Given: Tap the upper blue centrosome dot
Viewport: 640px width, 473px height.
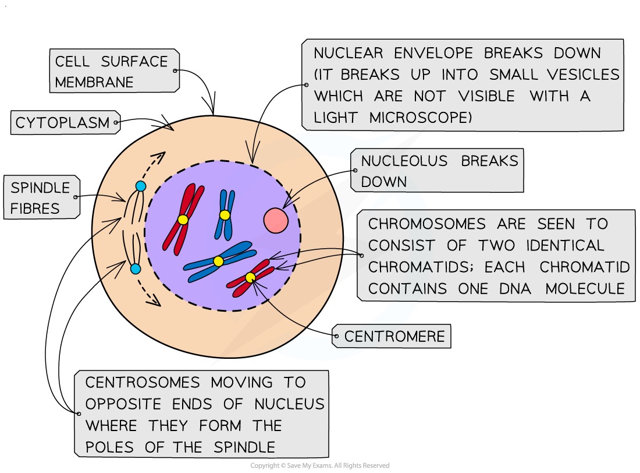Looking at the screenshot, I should pyautogui.click(x=140, y=186).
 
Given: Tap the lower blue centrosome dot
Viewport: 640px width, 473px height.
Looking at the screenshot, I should pyautogui.click(x=136, y=269).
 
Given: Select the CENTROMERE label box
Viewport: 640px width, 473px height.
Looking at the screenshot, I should pyautogui.click(x=394, y=337).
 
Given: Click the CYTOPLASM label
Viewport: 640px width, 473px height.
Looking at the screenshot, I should pyautogui.click(x=63, y=123).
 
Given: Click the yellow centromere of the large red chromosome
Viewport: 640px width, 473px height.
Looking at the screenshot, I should pyautogui.click(x=183, y=220).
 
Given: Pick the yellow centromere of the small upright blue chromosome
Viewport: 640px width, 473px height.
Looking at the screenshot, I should pyautogui.click(x=225, y=215).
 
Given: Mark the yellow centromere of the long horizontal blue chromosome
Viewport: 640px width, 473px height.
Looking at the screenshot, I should pyautogui.click(x=218, y=262).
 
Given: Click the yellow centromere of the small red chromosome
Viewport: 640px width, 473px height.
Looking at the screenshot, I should pyautogui.click(x=250, y=277).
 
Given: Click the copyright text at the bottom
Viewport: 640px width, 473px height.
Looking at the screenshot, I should pyautogui.click(x=319, y=466).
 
